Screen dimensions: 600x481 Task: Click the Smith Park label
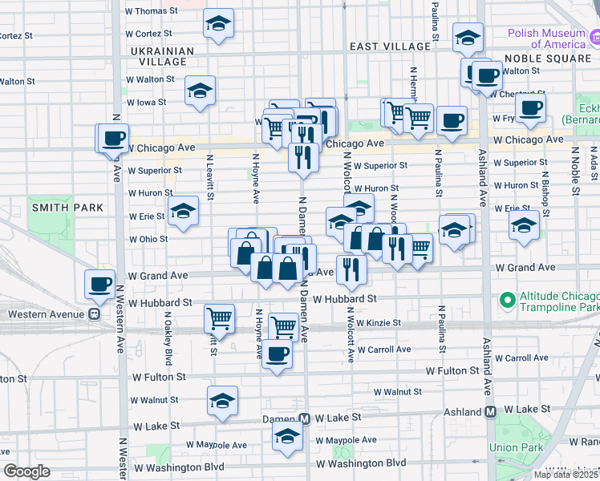pyautogui.click(x=67, y=208)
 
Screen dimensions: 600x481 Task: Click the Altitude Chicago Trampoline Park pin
pyautogui.click(x=507, y=301)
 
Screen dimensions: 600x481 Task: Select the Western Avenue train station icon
pyautogui.click(x=94, y=315)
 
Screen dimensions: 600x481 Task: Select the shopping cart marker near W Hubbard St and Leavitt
pyautogui.click(x=219, y=319)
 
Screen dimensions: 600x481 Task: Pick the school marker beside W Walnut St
pyautogui.click(x=222, y=400)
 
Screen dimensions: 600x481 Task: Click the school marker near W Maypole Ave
pyautogui.click(x=286, y=438)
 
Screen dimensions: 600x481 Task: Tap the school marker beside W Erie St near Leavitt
pyautogui.click(x=183, y=212)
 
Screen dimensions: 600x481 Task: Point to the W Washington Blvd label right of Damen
pyautogui.click(x=360, y=463)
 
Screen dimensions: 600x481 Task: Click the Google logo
pyautogui.click(x=26, y=471)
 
